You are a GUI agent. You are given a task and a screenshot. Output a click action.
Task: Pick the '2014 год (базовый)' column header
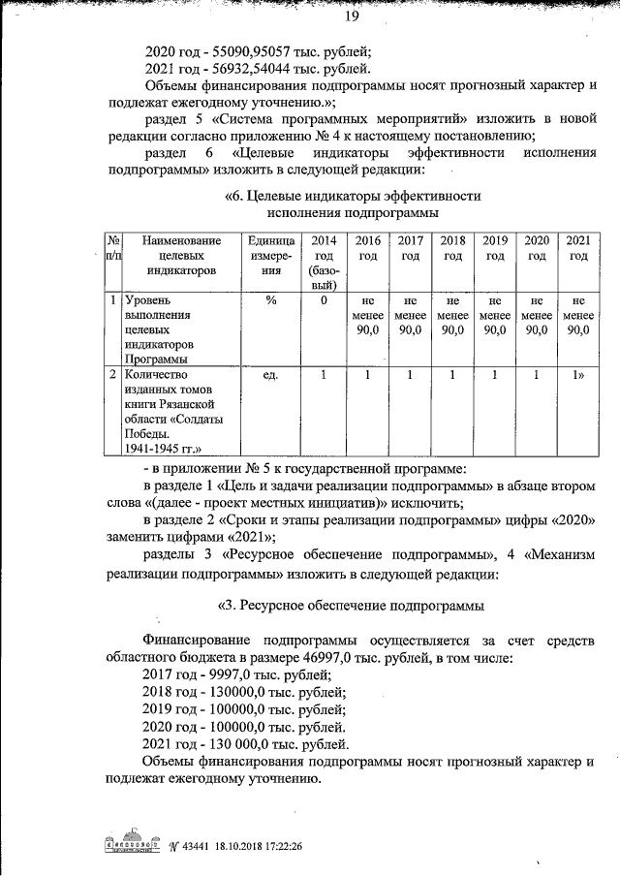click(325, 263)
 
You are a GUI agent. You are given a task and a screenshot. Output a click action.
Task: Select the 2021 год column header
click(578, 248)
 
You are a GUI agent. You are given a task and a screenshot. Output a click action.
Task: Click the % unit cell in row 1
click(271, 300)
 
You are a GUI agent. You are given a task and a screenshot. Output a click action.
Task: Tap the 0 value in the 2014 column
click(325, 300)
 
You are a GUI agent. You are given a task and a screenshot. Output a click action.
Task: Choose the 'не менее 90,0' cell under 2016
click(367, 316)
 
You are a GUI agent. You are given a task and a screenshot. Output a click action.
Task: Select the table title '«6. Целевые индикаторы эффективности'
click(353, 196)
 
